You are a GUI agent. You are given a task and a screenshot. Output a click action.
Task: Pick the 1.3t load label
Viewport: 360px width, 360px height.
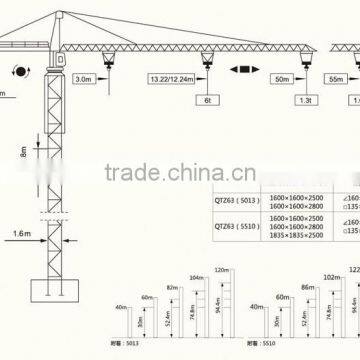click(300, 101)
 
